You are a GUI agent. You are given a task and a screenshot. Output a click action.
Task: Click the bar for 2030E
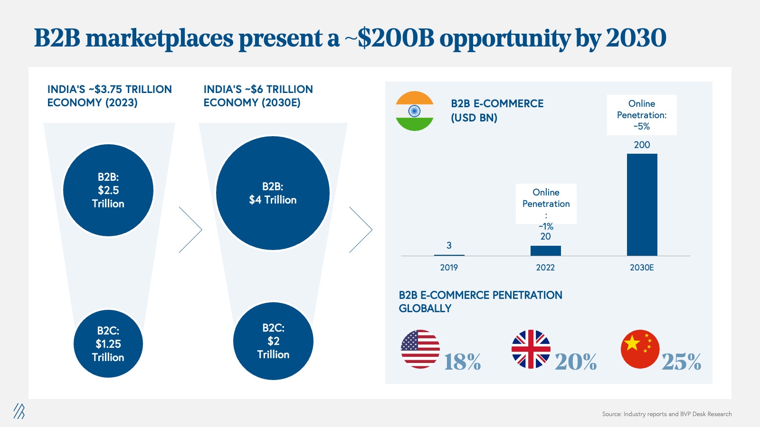point(642,204)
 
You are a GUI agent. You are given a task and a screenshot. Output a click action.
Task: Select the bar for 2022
point(546,251)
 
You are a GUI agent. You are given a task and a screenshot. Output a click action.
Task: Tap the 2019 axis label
point(449,268)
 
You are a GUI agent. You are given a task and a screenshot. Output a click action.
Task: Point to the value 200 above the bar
point(642,145)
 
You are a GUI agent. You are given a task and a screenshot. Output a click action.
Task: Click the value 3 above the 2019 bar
point(449,245)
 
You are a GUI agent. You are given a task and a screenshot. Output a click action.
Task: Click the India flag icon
point(415,111)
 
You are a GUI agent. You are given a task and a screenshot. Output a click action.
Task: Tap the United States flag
point(420,349)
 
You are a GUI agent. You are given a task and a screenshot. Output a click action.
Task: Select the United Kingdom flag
point(531,349)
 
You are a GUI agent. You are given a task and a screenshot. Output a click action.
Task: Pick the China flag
point(640,349)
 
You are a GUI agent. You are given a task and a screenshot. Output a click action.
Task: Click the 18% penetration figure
point(463,362)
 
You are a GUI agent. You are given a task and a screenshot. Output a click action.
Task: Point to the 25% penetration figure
point(681,362)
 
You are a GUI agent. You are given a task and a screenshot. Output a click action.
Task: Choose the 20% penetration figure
point(576,362)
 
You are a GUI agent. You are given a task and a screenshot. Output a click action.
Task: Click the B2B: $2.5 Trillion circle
point(108,190)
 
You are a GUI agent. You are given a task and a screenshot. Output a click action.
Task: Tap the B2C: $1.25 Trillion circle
point(108,343)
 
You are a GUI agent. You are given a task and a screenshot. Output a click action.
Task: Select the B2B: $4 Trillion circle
point(273,193)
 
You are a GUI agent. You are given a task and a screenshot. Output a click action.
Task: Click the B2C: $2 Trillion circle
point(273,341)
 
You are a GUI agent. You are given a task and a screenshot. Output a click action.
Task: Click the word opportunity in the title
point(505,38)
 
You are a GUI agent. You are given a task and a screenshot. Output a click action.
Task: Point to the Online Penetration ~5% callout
point(642,115)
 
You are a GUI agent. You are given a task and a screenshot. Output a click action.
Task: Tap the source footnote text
point(667,414)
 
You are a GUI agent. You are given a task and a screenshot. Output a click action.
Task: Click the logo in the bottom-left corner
point(19,411)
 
